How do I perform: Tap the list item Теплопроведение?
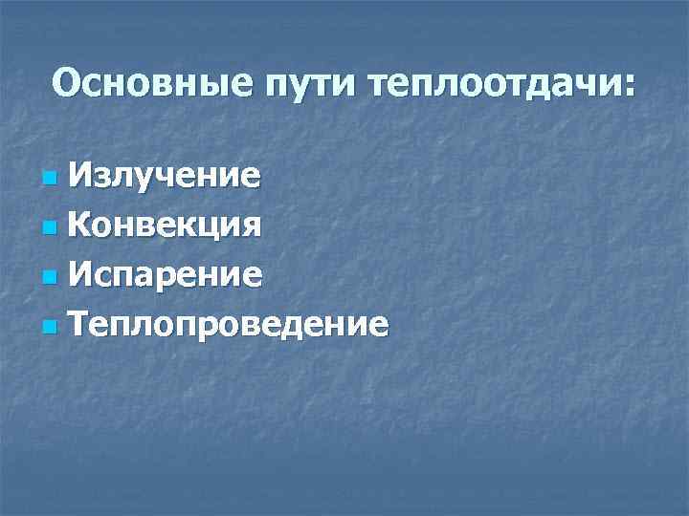[x=230, y=326]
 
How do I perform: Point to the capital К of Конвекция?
[x=80, y=226]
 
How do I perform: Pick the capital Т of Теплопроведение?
[x=80, y=325]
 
